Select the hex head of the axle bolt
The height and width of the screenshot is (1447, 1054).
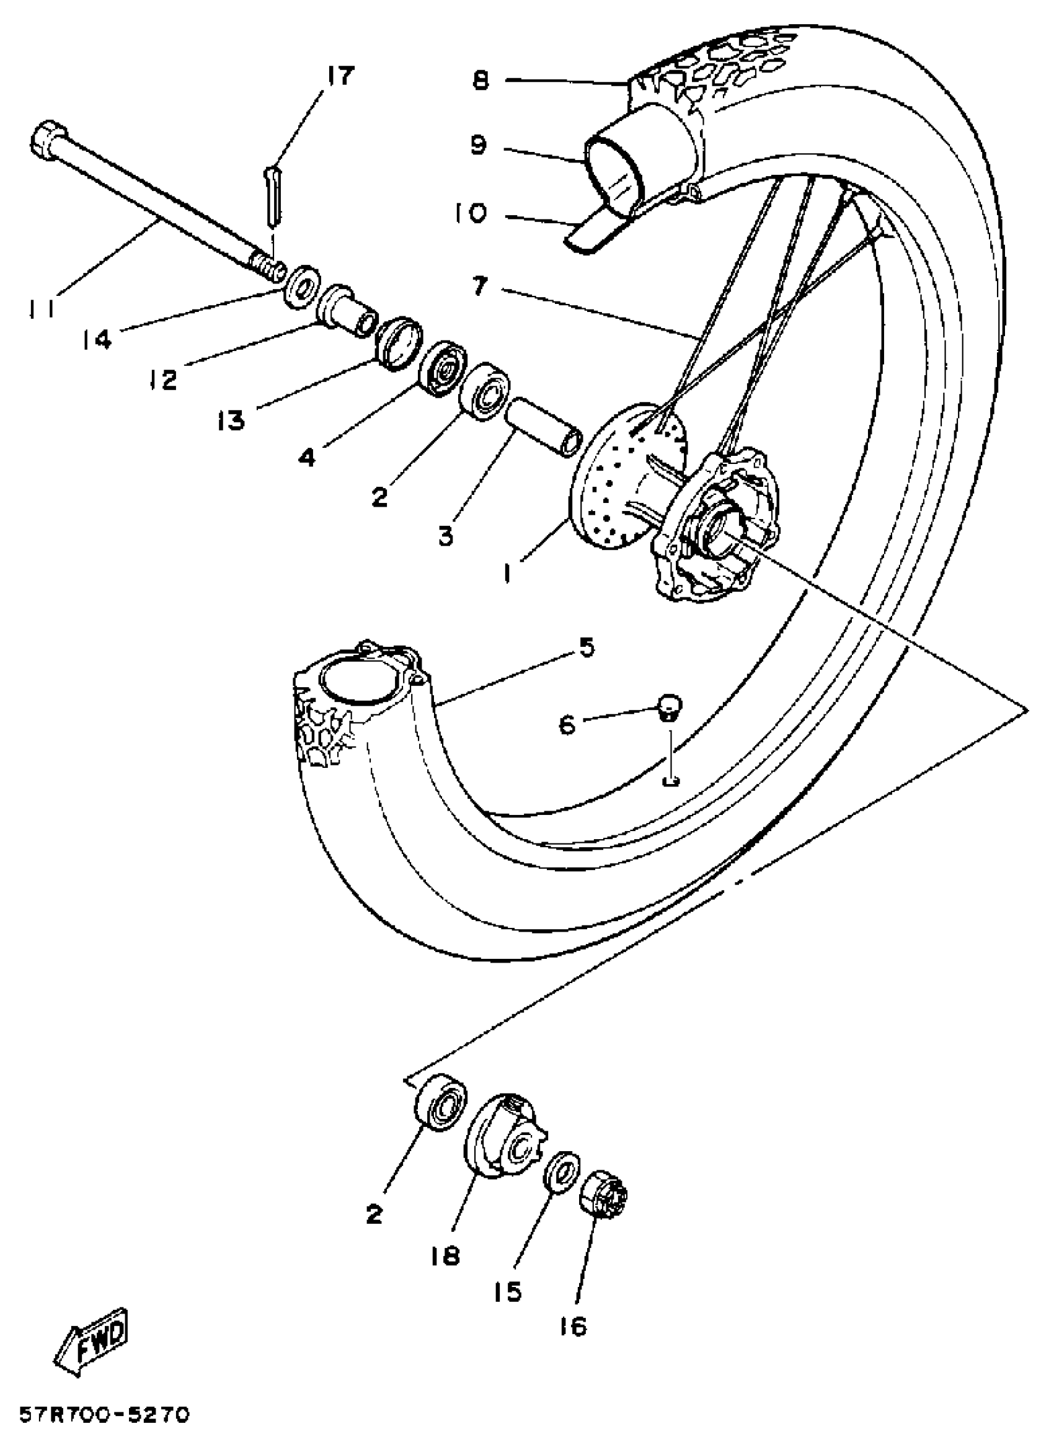pos(46,138)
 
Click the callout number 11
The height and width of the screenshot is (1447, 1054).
pos(42,308)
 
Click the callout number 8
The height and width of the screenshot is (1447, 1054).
pos(480,81)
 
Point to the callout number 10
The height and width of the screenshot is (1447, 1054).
pos(471,213)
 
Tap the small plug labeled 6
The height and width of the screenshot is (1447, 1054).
pos(669,705)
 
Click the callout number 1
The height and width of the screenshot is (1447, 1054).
pos(508,573)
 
